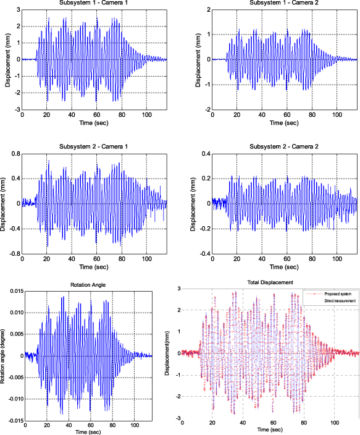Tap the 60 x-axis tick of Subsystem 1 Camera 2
pos(286,115)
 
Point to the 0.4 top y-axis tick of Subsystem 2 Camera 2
pos(204,153)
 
